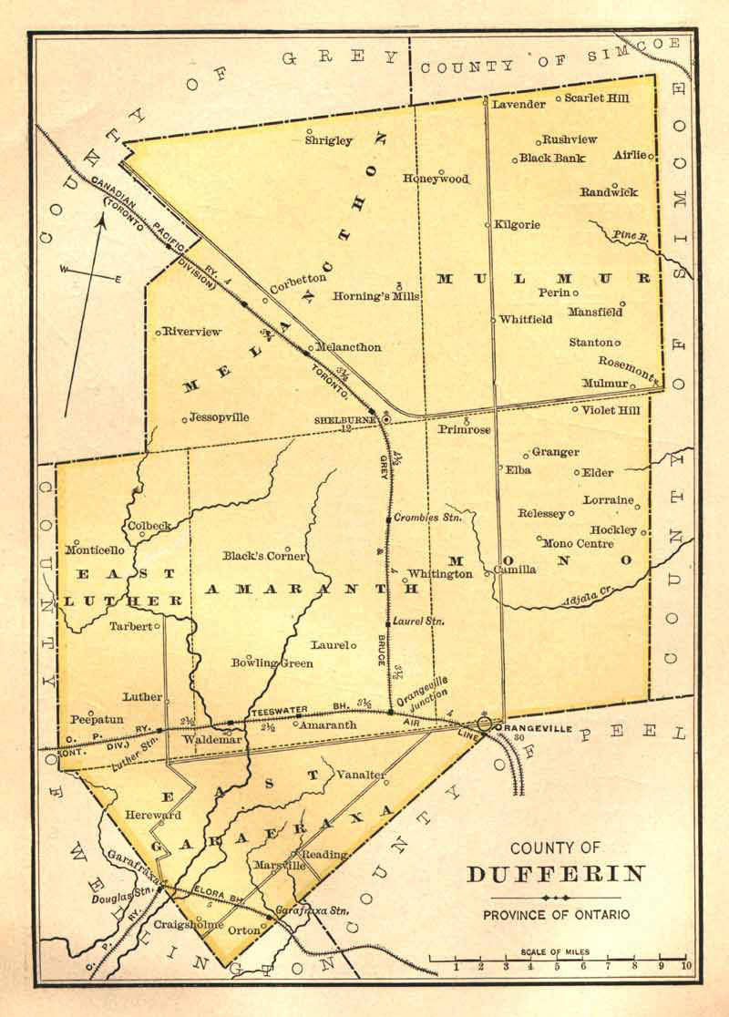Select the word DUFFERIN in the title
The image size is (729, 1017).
point(557,875)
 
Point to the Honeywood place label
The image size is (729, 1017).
point(436,180)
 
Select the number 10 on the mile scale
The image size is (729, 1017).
point(684,966)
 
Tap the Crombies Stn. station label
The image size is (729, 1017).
point(428,518)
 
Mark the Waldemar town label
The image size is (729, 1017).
point(212,741)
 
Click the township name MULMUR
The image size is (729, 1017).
point(544,277)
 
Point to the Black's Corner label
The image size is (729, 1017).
point(264,556)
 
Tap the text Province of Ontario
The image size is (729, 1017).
point(557,914)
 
